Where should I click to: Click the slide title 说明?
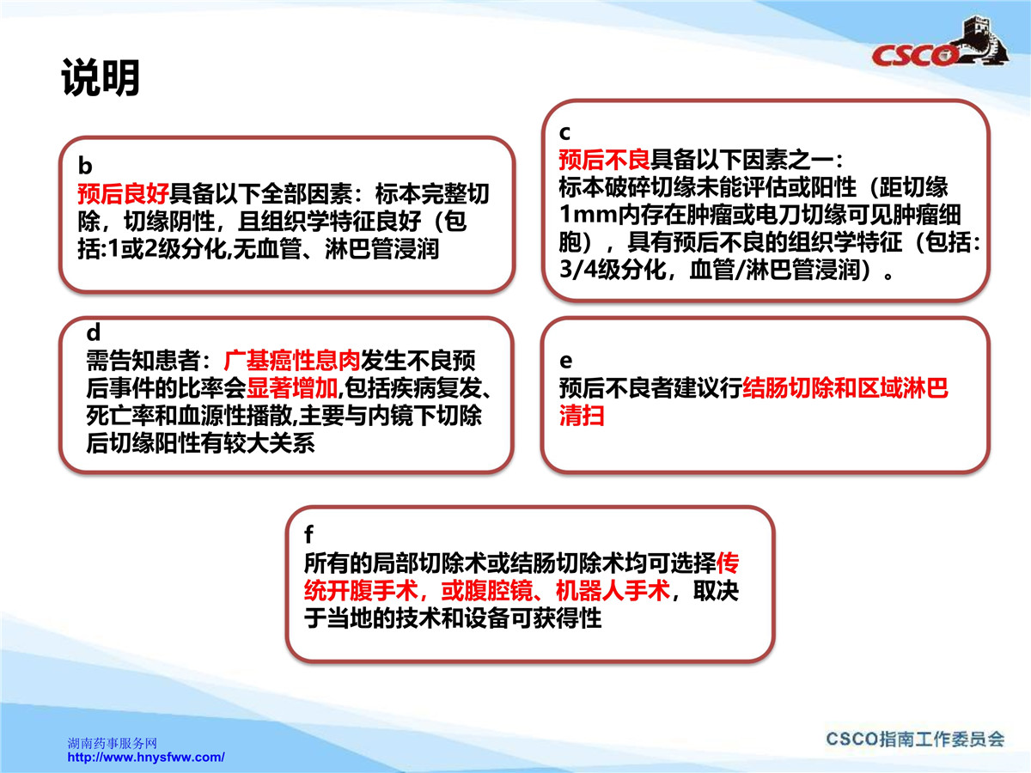tap(101, 77)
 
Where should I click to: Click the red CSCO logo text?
tap(913, 56)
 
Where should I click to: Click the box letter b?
tap(85, 166)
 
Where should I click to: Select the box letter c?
tap(564, 133)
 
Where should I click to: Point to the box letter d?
tap(94, 332)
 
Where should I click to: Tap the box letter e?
tap(566, 361)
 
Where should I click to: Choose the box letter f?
tap(308, 534)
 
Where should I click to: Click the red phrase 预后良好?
tap(123, 193)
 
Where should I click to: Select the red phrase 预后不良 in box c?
tap(605, 160)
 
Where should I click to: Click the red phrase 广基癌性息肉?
tap(291, 361)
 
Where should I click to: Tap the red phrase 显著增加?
tap(292, 388)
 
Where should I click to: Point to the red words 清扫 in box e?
tap(582, 416)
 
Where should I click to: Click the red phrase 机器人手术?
tap(613, 590)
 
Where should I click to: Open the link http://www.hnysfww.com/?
tap(146, 757)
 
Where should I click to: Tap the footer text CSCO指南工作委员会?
tap(916, 740)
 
